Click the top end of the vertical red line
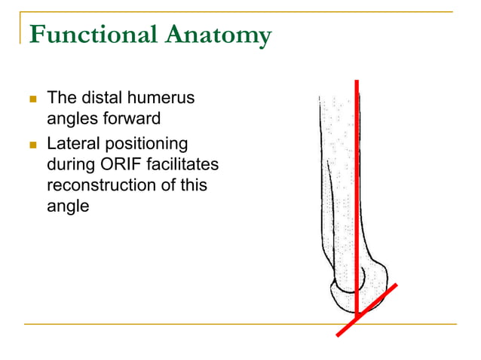click(x=357, y=81)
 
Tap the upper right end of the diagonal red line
click(x=394, y=286)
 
